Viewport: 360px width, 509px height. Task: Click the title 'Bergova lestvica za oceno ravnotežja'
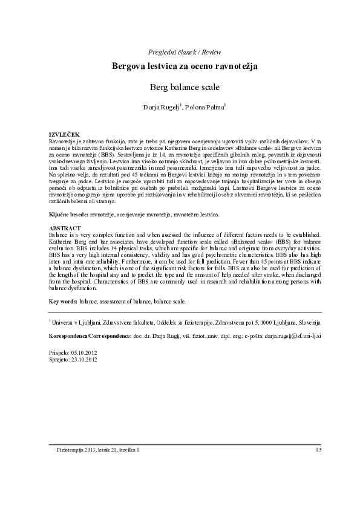point(180,66)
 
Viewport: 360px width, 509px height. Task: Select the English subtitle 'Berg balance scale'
point(180,88)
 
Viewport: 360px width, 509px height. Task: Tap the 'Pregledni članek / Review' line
point(180,50)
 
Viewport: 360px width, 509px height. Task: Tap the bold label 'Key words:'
point(63,300)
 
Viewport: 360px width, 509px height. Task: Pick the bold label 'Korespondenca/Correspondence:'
point(90,334)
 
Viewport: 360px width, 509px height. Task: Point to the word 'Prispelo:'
point(59,351)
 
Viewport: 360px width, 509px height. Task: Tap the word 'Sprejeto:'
point(59,358)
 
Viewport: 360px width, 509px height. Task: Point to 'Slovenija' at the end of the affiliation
point(306,323)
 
